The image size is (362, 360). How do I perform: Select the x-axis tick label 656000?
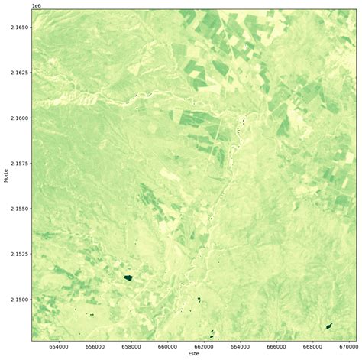point(95,345)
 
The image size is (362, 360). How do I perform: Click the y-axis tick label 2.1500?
point(17,299)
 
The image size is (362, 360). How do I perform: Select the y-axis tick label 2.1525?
point(17,254)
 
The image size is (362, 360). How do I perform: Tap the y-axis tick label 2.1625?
point(17,73)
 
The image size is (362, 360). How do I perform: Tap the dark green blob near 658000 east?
point(128,278)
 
